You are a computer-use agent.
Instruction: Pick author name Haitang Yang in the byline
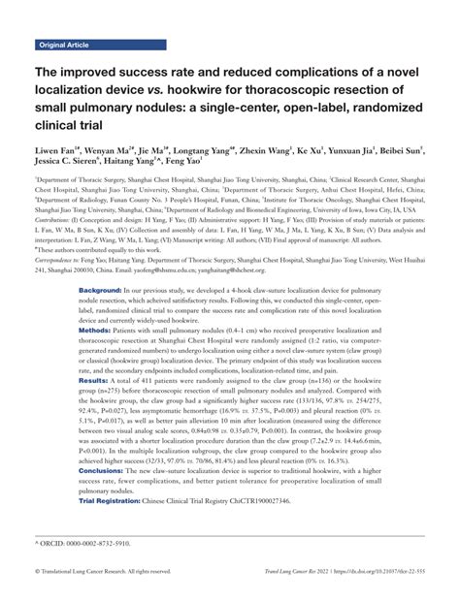pos(134,166)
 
